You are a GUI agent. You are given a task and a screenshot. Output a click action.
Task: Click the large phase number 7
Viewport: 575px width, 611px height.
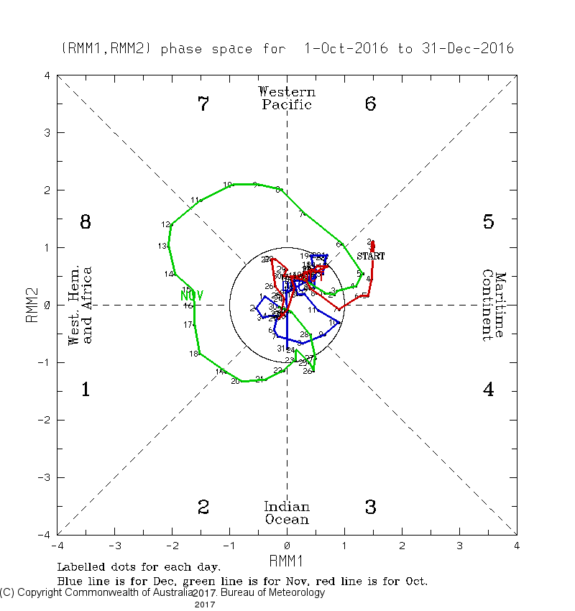pos(203,104)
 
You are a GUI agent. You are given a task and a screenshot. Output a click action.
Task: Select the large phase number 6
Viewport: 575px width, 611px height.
pos(370,104)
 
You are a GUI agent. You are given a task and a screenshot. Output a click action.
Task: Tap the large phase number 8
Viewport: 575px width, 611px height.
pos(85,222)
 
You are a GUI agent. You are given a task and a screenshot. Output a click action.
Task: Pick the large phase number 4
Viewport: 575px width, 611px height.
pos(488,390)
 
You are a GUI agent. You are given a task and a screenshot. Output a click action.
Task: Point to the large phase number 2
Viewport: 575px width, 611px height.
pos(203,507)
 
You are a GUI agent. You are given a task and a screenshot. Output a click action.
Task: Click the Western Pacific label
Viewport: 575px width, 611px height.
pos(287,98)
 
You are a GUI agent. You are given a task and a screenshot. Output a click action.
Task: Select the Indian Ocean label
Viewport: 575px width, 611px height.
pos(287,513)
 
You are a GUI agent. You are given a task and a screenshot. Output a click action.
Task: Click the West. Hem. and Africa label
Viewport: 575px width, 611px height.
pos(80,305)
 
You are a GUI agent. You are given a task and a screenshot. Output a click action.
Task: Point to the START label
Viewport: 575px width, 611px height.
pos(371,256)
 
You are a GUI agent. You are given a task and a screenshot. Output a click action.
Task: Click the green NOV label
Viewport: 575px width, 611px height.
pos(192,295)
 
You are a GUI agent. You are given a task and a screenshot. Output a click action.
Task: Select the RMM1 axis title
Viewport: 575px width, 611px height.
pos(287,560)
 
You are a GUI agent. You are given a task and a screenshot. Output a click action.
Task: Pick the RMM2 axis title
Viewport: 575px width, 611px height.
pos(32,305)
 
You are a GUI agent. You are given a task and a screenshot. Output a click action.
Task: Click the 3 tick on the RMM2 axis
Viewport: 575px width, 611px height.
pos(47,133)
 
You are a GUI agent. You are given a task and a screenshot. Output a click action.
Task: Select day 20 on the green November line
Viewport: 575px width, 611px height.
pos(235,381)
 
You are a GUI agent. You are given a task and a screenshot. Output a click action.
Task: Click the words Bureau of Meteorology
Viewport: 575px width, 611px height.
pos(273,593)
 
